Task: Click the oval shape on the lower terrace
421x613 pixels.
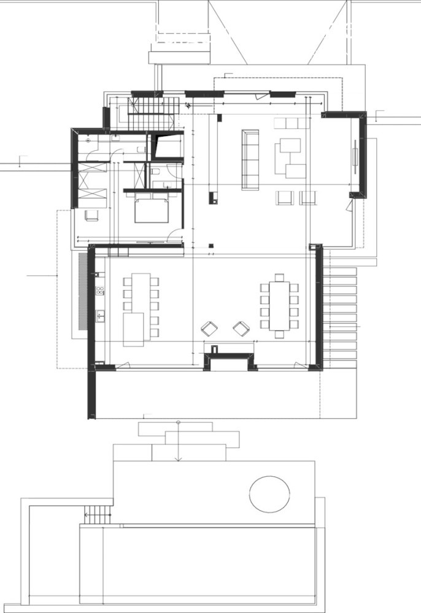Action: point(269,494)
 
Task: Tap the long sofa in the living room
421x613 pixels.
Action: point(250,159)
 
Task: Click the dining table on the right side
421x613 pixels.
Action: point(279,305)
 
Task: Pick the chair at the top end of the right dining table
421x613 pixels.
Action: point(279,278)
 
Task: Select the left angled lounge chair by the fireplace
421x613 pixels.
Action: point(209,329)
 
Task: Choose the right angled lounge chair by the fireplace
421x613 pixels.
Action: point(241,329)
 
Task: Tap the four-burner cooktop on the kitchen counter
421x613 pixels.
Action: point(99,291)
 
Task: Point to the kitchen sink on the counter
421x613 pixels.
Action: point(100,316)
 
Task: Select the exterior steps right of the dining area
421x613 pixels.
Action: point(339,313)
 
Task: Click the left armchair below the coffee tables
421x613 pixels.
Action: point(285,197)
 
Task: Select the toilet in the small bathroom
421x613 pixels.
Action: point(156,172)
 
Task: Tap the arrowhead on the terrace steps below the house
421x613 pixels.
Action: point(178,459)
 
